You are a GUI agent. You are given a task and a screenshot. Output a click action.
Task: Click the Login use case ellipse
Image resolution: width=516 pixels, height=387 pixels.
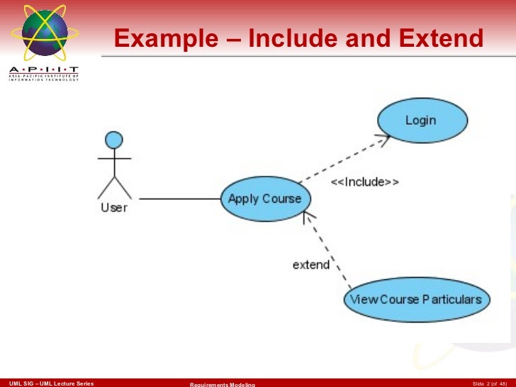click(422, 120)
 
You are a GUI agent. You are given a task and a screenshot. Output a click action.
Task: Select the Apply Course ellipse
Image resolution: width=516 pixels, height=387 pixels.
click(265, 199)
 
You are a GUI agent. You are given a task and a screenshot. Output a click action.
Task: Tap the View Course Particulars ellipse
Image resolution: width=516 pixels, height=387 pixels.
click(416, 299)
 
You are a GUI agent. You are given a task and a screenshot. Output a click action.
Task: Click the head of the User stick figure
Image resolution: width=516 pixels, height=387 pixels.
click(113, 140)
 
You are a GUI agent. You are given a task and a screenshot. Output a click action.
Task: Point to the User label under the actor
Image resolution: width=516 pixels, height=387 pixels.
click(114, 208)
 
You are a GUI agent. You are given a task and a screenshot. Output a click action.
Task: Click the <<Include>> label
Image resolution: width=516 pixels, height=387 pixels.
click(365, 182)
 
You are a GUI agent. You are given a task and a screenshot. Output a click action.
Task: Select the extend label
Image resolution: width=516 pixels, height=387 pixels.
click(311, 264)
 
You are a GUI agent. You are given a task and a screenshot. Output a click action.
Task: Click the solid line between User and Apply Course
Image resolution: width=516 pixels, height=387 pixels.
click(180, 198)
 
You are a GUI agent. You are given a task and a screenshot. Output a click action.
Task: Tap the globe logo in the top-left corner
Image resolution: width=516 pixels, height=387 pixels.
click(44, 33)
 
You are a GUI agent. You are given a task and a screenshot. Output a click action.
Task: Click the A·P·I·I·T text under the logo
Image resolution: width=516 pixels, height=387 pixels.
click(44, 70)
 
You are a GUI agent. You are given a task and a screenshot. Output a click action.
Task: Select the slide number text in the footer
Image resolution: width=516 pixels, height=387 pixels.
click(489, 383)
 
